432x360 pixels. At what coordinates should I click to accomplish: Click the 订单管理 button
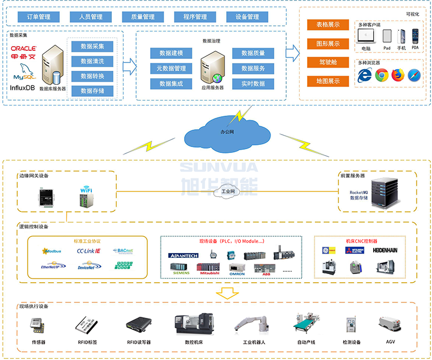[x=39, y=17]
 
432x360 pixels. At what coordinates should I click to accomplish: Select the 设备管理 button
[x=247, y=17]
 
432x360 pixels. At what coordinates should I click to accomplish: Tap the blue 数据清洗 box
[x=92, y=61]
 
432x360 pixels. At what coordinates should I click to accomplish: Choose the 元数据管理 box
[x=171, y=69]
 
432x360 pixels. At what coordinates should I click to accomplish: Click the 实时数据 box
[x=253, y=84]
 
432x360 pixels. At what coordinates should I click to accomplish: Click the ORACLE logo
[x=23, y=49]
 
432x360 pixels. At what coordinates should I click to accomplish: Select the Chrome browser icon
[x=382, y=75]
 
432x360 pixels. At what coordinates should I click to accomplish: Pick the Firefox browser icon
[x=398, y=75]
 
